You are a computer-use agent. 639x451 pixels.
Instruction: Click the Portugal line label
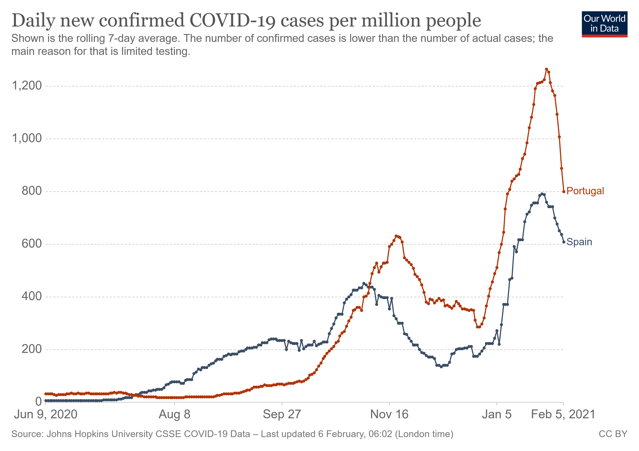point(585,191)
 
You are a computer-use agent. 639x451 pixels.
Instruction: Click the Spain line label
point(579,242)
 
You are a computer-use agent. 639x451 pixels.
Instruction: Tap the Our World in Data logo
point(604,24)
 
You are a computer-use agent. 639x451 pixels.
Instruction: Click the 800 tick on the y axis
point(32,191)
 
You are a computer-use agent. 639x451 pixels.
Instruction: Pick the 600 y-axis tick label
point(32,244)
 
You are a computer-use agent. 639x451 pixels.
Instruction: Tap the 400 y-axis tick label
point(32,296)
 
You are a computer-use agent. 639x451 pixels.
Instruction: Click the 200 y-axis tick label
point(32,349)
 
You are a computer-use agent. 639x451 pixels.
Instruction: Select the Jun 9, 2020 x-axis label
point(46,415)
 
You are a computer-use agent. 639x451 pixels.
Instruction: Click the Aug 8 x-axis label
point(174,415)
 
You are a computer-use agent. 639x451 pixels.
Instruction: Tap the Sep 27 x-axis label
point(282,415)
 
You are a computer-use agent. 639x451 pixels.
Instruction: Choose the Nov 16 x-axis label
point(389,415)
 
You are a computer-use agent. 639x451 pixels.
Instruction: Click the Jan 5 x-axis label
point(497,415)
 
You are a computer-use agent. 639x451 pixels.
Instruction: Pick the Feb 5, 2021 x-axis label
point(563,415)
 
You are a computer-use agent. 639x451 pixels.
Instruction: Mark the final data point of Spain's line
point(564,242)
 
